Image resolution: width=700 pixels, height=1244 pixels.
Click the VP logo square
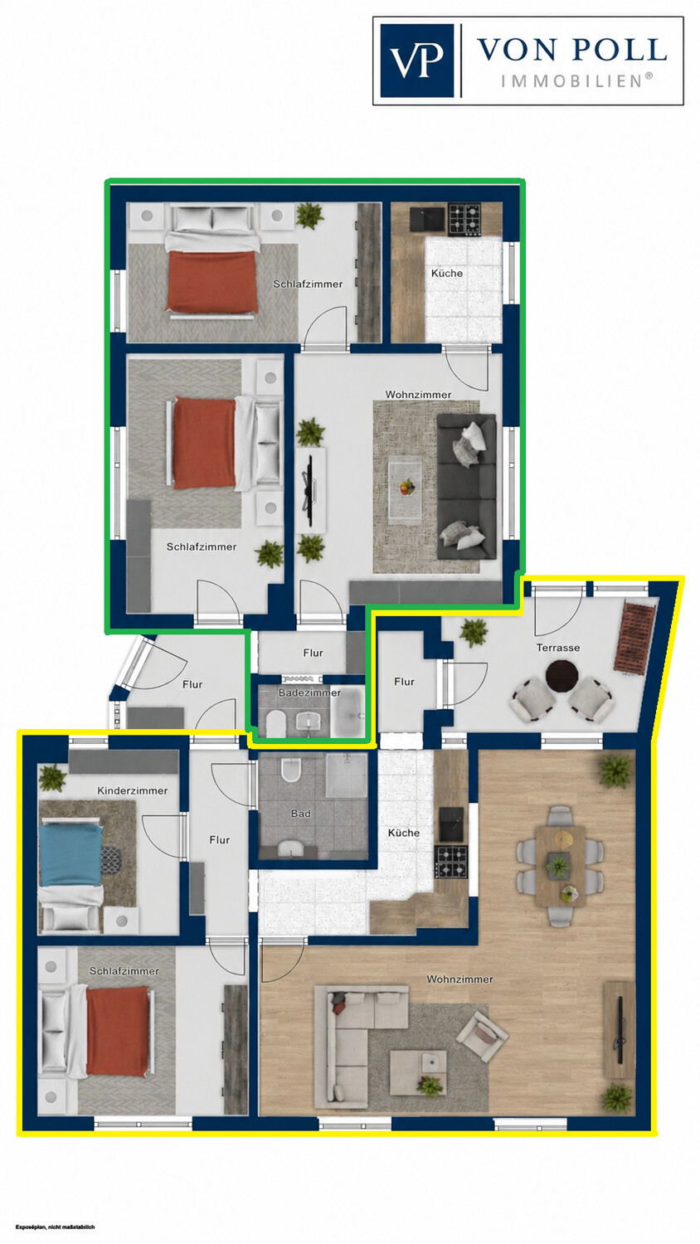tap(416, 61)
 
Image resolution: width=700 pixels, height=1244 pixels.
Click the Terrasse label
tap(558, 648)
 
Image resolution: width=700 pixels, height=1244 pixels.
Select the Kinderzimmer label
tap(132, 791)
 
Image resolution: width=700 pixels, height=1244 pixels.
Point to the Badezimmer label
tap(309, 692)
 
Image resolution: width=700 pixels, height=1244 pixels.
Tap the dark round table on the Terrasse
tap(562, 675)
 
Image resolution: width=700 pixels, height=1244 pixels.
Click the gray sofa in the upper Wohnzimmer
tap(467, 487)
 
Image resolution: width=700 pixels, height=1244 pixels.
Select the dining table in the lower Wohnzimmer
tap(561, 867)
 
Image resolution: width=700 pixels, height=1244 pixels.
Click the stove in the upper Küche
tap(464, 220)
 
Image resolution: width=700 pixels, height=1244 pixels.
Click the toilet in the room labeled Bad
tap(290, 769)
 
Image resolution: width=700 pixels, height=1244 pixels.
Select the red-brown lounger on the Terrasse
tap(634, 637)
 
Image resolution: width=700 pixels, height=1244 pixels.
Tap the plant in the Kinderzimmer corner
tap(53, 778)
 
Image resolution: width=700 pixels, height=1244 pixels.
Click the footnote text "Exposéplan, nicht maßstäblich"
tap(55, 1227)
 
